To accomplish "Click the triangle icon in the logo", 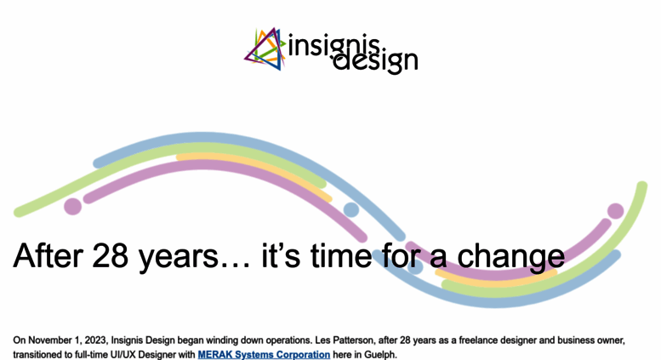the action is tap(265, 49).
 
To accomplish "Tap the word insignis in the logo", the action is tap(333, 45).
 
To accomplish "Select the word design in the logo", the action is tap(376, 61).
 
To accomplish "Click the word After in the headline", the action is tap(48, 255).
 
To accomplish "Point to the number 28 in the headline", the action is tap(110, 255).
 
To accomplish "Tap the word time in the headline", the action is tap(340, 255).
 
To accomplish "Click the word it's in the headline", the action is tap(281, 255).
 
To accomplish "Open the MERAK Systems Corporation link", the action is tap(264, 355).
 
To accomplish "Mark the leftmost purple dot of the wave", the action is tap(72, 207).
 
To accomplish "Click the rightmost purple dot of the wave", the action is tap(615, 211).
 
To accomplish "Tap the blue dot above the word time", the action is tap(351, 209).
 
